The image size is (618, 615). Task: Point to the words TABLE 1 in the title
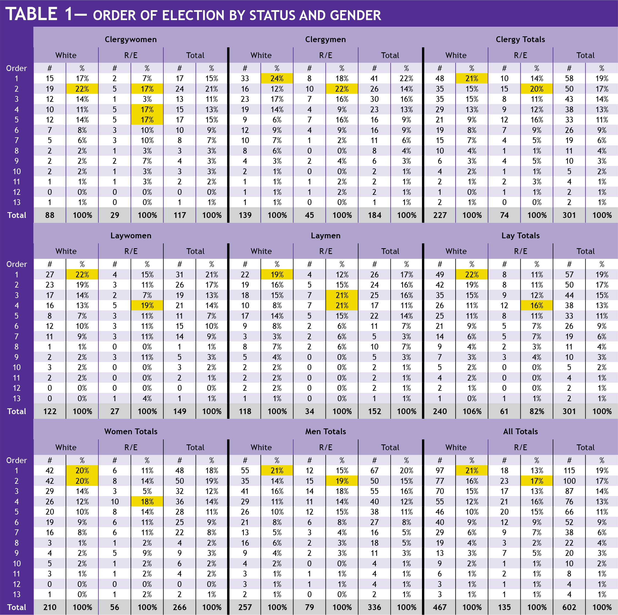[39, 14]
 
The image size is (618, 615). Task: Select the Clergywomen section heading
[131, 39]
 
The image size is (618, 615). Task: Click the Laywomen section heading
[131, 236]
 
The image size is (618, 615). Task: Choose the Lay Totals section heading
[520, 236]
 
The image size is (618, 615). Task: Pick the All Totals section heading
[520, 431]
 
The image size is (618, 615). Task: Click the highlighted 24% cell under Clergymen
[277, 78]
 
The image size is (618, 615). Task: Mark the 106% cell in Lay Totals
[472, 411]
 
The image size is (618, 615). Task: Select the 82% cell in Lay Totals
[537, 411]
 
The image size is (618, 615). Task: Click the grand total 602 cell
[569, 607]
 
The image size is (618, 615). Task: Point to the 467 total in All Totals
[440, 607]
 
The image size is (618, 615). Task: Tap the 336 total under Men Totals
[374, 607]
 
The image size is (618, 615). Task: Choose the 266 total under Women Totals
[180, 607]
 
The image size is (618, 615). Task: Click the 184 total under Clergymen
[374, 215]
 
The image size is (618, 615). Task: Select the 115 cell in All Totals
[569, 471]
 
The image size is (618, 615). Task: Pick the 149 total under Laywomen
[180, 411]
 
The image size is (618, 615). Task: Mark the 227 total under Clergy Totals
[440, 215]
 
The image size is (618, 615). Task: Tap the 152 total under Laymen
[374, 411]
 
